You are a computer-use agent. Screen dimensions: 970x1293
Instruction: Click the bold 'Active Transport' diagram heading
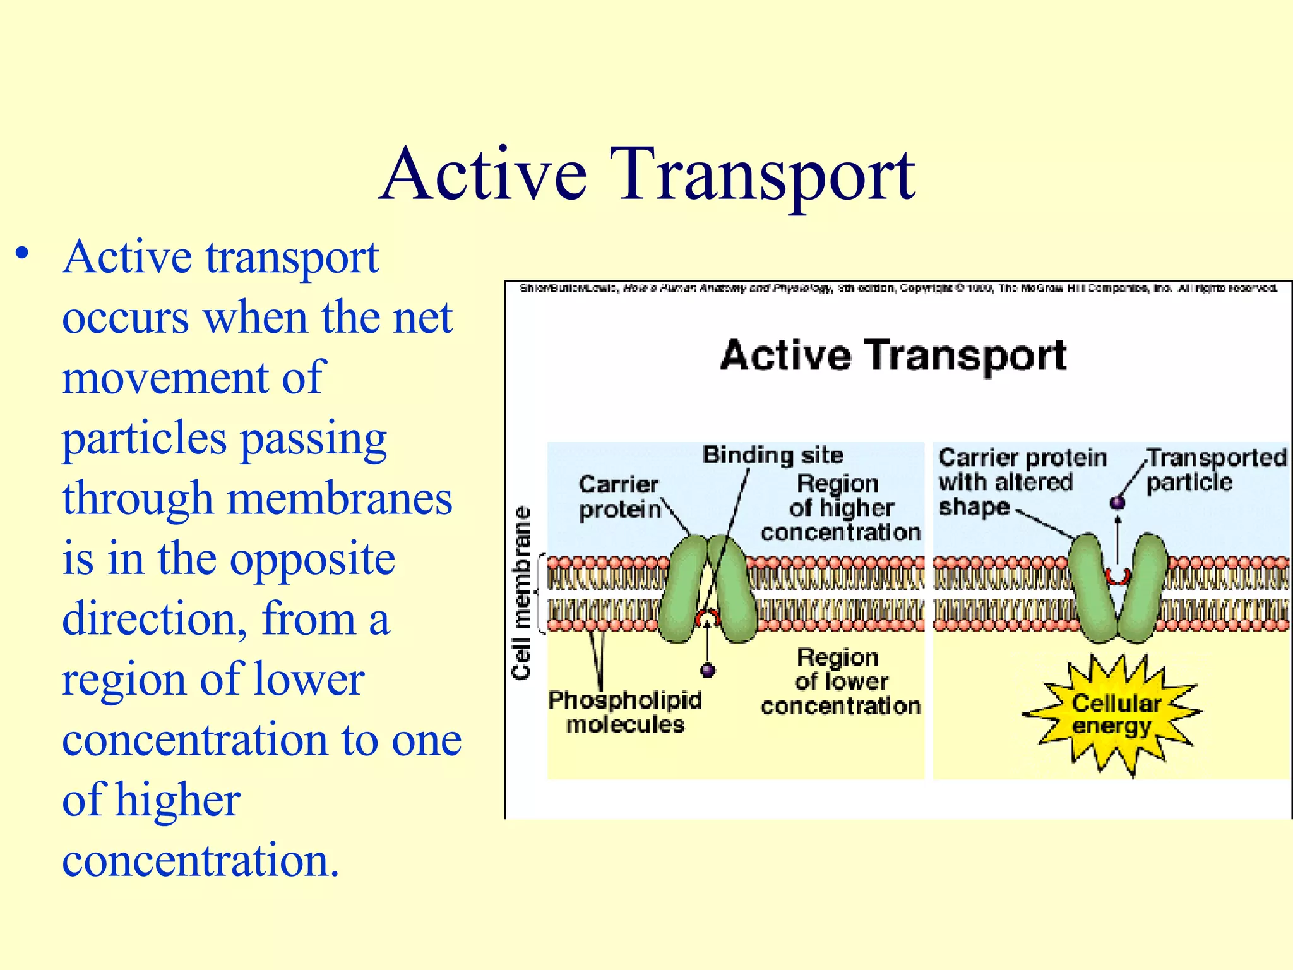click(x=893, y=356)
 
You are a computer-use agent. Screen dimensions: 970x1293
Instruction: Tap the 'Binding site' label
click(x=773, y=455)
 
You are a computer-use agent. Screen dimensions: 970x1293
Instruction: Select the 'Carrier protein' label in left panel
click(x=619, y=497)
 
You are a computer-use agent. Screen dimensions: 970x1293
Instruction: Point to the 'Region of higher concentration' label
click(x=840, y=508)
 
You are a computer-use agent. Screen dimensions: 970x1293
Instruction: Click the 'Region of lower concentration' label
click(x=840, y=681)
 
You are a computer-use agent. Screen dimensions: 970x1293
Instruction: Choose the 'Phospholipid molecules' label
click(x=624, y=712)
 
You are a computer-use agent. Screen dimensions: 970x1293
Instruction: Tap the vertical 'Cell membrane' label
click(x=522, y=593)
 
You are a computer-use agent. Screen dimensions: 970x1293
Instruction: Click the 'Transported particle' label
click(x=1215, y=470)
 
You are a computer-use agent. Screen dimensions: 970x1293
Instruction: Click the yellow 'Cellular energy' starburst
click(x=1114, y=714)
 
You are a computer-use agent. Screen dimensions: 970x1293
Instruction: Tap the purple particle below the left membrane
click(x=708, y=670)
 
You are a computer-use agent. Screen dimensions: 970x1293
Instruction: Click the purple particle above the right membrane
click(x=1117, y=503)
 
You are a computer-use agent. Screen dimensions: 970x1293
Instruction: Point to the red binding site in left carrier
click(x=708, y=616)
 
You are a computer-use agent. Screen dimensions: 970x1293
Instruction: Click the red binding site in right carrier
click(x=1117, y=576)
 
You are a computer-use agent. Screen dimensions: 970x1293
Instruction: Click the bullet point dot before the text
click(x=23, y=254)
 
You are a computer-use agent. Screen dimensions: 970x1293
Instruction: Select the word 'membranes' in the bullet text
click(x=339, y=499)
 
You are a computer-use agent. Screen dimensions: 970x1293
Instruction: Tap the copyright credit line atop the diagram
click(x=897, y=289)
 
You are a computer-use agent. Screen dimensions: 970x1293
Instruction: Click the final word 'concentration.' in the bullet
click(x=201, y=861)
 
